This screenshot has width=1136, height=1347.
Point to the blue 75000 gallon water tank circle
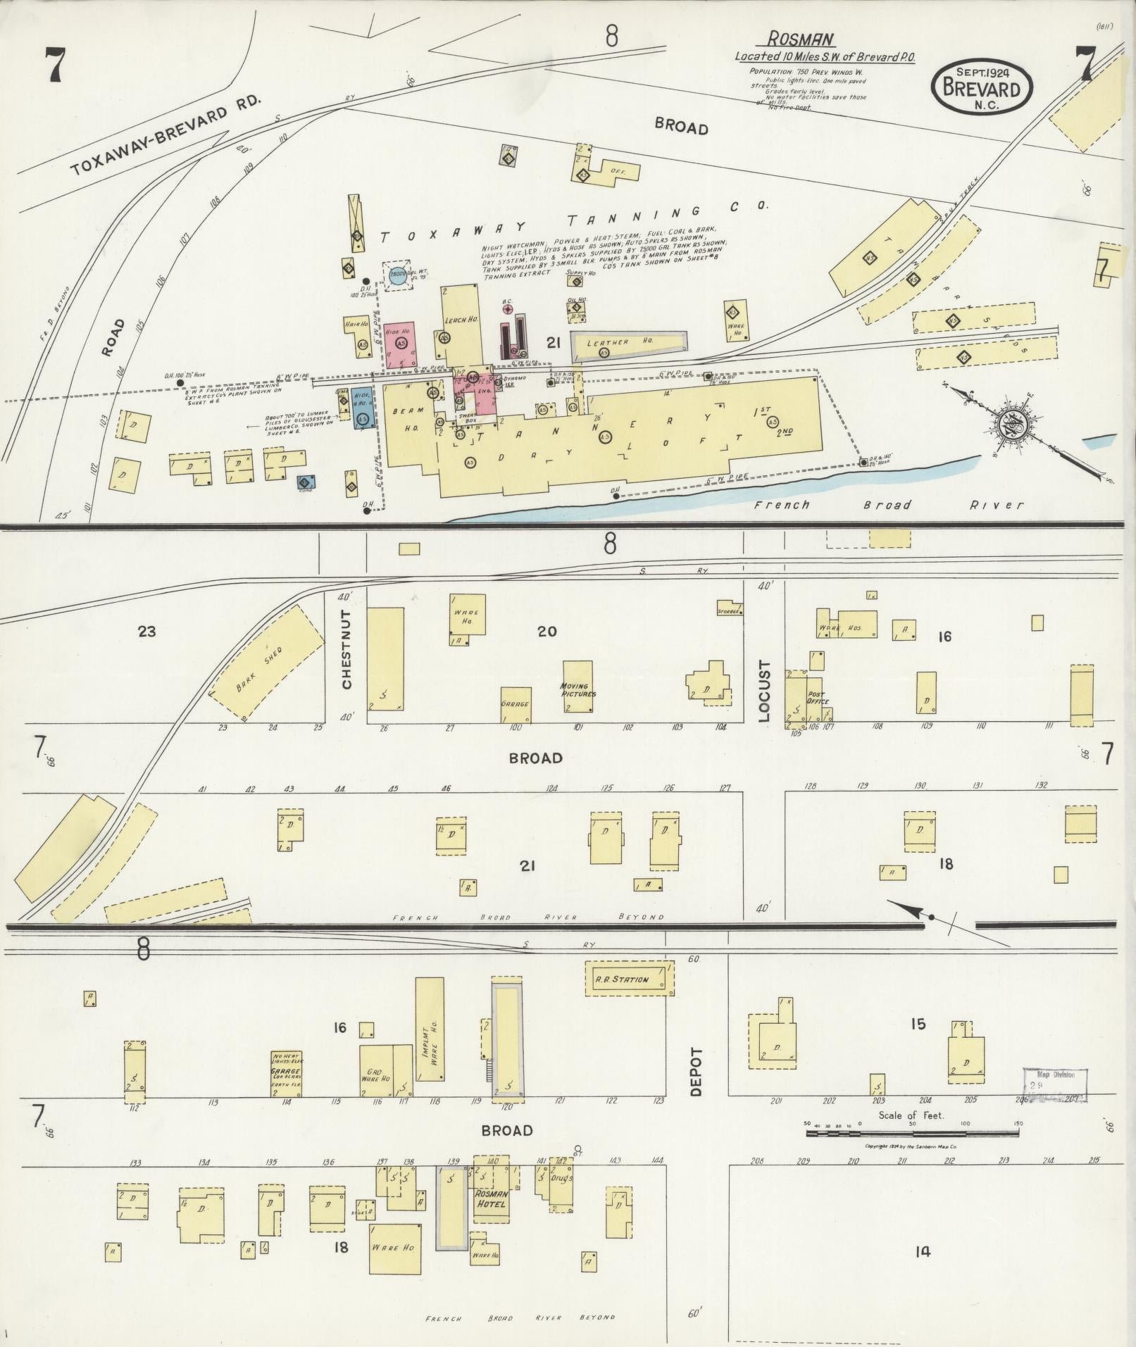coord(397,275)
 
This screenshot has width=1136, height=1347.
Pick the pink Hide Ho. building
coord(399,344)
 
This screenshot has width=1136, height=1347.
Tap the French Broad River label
coord(887,505)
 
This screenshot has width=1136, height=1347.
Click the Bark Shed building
coord(268,663)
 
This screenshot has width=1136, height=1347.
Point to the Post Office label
coord(817,698)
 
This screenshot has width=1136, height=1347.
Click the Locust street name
coord(766,691)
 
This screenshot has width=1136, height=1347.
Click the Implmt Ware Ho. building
coord(429,1038)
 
